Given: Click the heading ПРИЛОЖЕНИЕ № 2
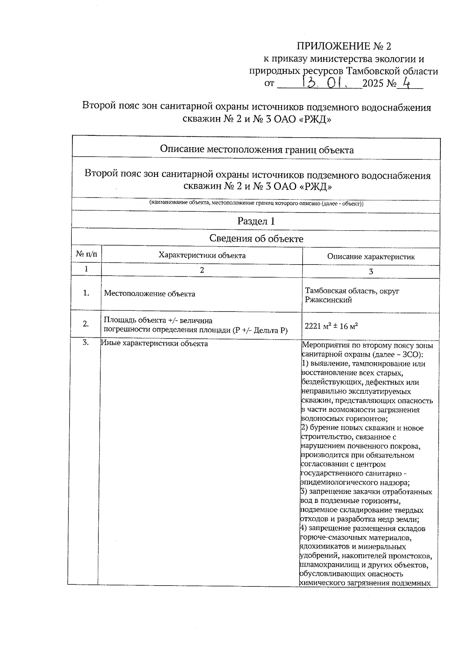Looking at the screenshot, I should (344, 47).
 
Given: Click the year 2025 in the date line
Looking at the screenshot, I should (373, 83).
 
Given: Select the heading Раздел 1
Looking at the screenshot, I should (256, 221).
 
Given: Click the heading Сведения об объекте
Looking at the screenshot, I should (256, 239).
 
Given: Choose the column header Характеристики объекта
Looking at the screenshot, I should (202, 255).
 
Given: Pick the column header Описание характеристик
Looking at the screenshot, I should (371, 257).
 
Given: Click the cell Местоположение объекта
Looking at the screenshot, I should (150, 294).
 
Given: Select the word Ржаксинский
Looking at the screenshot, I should (328, 300).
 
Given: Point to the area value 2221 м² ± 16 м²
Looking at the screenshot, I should (331, 326).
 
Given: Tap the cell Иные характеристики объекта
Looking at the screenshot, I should (154, 344).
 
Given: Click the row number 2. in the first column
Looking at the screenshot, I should (86, 324).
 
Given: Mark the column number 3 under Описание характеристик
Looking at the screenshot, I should (371, 271).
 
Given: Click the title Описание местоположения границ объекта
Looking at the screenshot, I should (256, 149).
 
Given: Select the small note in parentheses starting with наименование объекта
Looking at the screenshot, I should (256, 204).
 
